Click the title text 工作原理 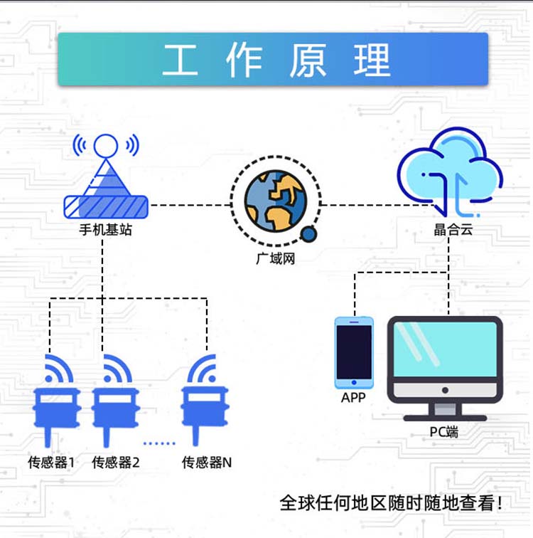[276, 60]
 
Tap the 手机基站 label [105, 230]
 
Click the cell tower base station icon [106, 176]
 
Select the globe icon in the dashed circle [276, 201]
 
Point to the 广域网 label [276, 258]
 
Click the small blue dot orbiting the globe [308, 234]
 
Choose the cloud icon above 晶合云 [450, 172]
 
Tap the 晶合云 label [453, 229]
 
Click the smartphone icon [354, 353]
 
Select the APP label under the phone [353, 397]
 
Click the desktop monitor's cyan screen [445, 349]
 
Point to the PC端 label [444, 432]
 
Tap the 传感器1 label [51, 462]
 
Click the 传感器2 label [116, 462]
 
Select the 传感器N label [207, 462]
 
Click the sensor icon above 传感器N [204, 400]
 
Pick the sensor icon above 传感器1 [56, 401]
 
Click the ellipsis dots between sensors [159, 443]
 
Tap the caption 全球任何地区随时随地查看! [391, 503]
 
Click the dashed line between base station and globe [190, 205]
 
